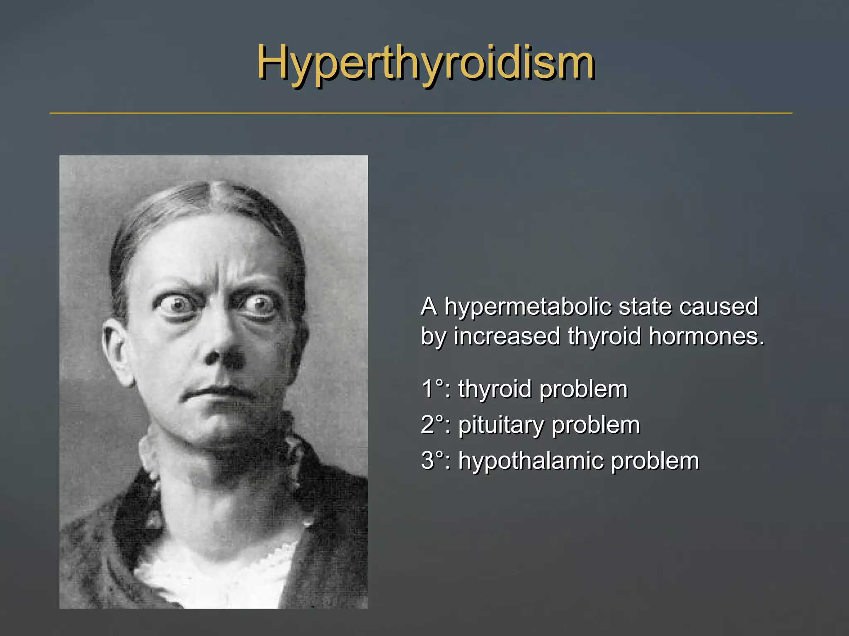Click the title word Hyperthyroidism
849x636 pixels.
coord(426,63)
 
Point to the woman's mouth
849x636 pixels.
coord(216,391)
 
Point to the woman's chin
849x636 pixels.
coord(216,431)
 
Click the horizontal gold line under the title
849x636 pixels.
coord(421,113)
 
